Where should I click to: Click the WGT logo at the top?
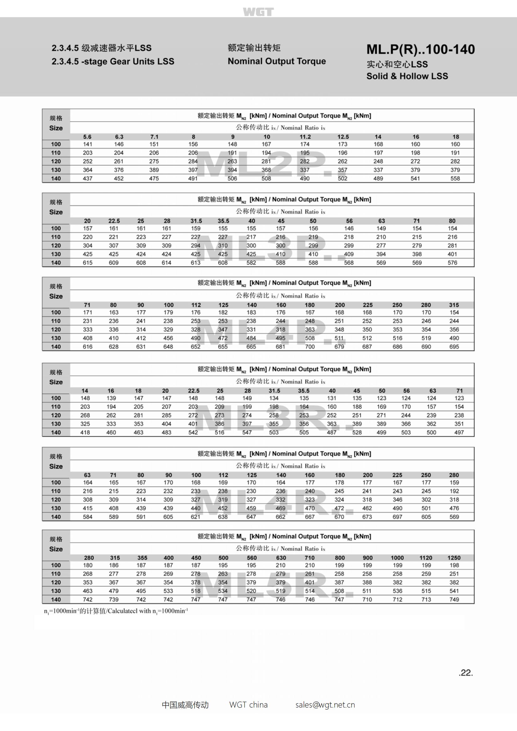tap(258, 12)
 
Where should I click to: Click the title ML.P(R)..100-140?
tap(420, 49)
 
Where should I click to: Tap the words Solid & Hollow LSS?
tap(407, 76)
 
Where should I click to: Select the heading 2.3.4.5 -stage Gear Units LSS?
tap(113, 62)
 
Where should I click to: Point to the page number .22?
tap(466, 673)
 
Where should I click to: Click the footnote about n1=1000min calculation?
tap(116, 611)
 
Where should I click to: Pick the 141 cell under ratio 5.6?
tap(88, 144)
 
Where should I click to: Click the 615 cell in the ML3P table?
tap(88, 263)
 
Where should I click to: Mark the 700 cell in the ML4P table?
tap(310, 347)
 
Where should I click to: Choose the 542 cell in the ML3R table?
tap(193, 432)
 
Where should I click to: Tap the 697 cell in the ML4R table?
tap(397, 517)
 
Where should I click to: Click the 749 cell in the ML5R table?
tap(454, 599)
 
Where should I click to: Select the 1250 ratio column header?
tap(454, 558)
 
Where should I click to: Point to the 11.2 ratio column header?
tap(305, 137)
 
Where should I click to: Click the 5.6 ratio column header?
tap(87, 137)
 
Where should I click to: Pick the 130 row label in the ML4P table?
tap(56, 338)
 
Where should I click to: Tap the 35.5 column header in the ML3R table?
tap(304, 391)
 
